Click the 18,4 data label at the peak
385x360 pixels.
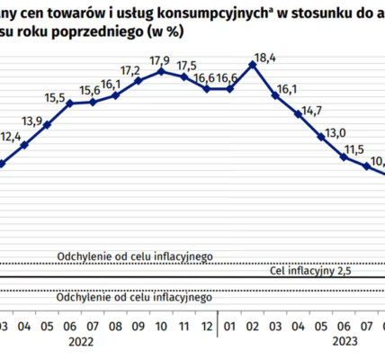click(265, 58)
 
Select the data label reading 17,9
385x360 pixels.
click(162, 60)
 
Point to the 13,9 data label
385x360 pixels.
click(32, 121)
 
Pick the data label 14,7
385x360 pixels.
click(311, 111)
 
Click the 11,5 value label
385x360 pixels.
click(357, 148)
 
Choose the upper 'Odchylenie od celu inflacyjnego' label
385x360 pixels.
click(134, 256)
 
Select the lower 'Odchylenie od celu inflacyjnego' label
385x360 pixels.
click(134, 297)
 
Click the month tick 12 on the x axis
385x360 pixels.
click(208, 322)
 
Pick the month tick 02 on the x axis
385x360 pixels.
click(254, 322)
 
